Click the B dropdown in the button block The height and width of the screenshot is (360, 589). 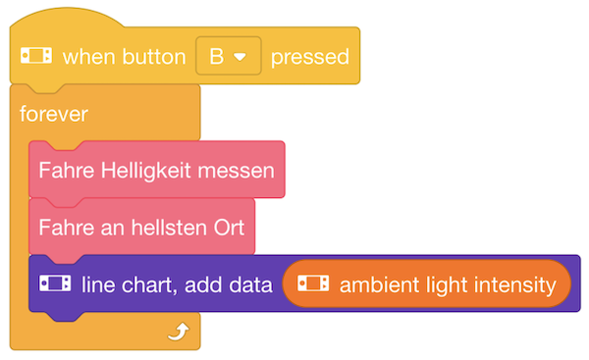click(x=229, y=56)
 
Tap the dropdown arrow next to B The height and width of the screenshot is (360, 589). click(x=240, y=57)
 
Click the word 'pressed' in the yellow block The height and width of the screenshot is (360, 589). click(x=309, y=57)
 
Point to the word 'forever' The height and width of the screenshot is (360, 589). click(x=53, y=114)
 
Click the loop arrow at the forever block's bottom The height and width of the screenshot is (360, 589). click(x=177, y=334)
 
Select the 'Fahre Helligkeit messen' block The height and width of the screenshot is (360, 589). click(x=157, y=169)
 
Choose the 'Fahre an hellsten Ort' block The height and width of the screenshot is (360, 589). click(x=141, y=227)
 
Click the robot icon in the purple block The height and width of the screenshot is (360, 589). click(x=55, y=284)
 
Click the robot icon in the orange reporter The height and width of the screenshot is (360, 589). click(x=313, y=284)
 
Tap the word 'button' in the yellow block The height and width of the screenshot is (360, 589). click(x=154, y=57)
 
